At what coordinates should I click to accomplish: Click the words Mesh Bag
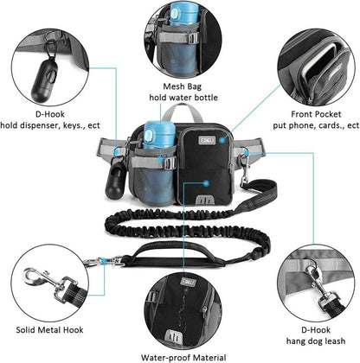(183, 86)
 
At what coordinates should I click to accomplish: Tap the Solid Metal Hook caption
(49, 329)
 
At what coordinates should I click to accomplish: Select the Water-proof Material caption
(183, 358)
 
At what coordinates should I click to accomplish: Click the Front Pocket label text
(316, 114)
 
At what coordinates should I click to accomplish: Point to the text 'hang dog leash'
(316, 341)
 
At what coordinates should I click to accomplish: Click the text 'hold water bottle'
(183, 98)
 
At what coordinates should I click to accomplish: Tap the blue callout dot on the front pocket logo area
(222, 140)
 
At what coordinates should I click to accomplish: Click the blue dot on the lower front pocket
(206, 183)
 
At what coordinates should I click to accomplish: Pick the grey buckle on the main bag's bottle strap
(170, 163)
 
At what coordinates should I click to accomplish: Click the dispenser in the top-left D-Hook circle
(46, 80)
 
